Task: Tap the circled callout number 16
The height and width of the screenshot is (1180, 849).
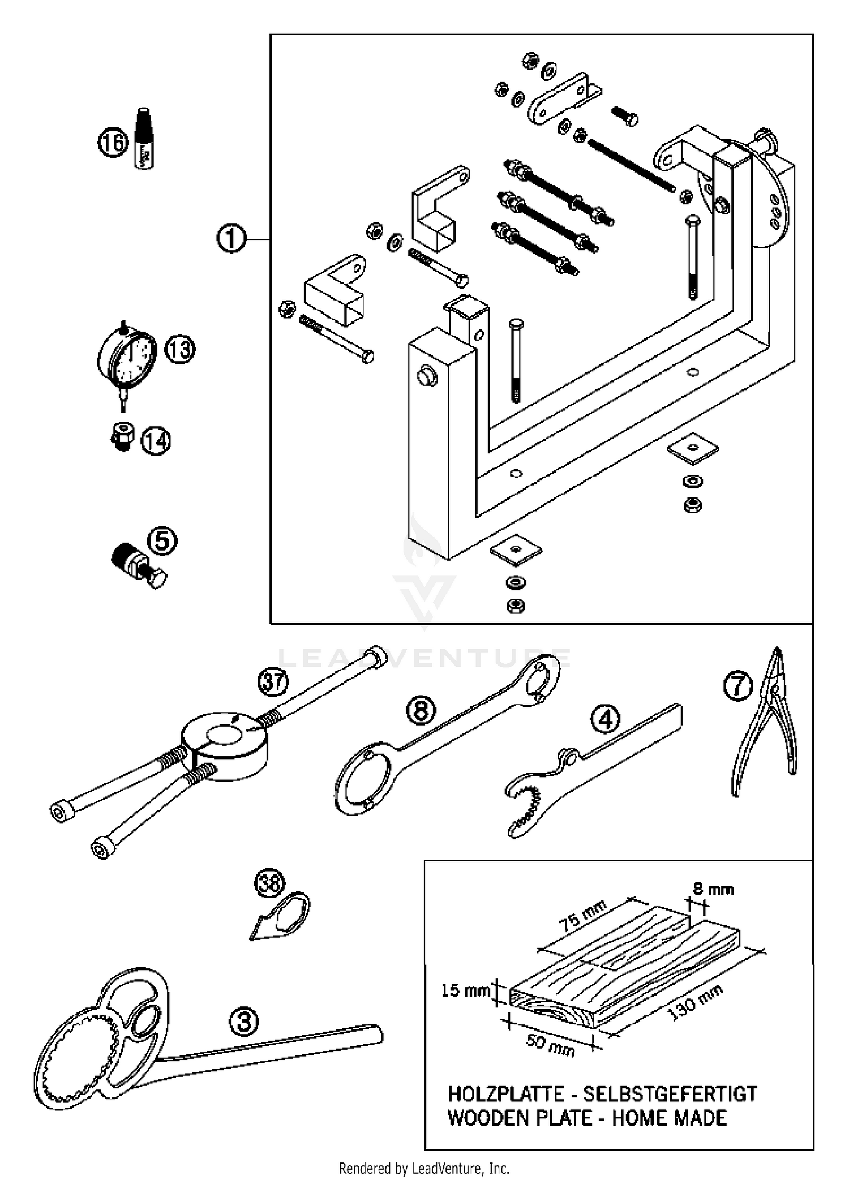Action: tap(113, 142)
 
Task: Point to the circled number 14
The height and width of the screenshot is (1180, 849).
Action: tap(156, 441)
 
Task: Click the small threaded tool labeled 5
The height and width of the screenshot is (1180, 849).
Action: tap(139, 567)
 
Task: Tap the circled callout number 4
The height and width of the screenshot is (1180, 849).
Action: tap(605, 720)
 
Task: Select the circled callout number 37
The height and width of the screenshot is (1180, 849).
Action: tap(273, 682)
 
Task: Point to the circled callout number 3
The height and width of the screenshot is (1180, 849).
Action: tap(244, 1022)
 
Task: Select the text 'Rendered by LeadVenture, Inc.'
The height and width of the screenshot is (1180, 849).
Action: tap(424, 1168)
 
